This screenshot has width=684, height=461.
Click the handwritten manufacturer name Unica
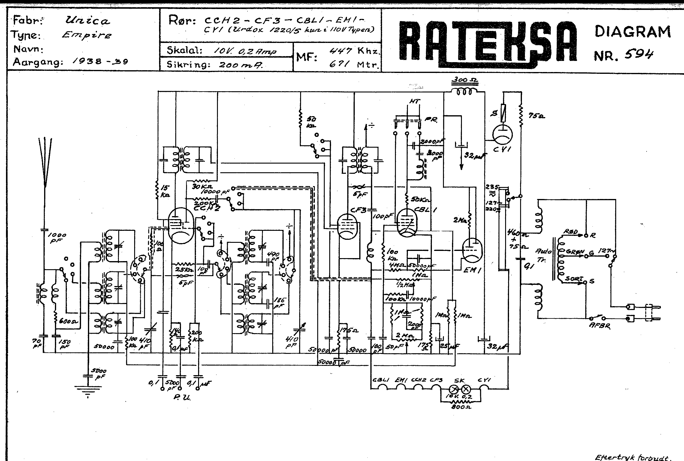[x=87, y=21]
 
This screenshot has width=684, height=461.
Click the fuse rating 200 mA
[x=240, y=65]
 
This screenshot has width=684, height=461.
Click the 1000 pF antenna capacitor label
[x=58, y=238]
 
